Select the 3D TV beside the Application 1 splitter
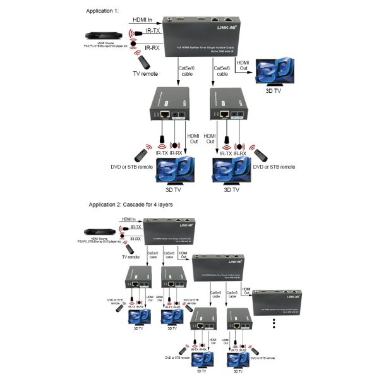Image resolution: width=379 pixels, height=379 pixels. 272,75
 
